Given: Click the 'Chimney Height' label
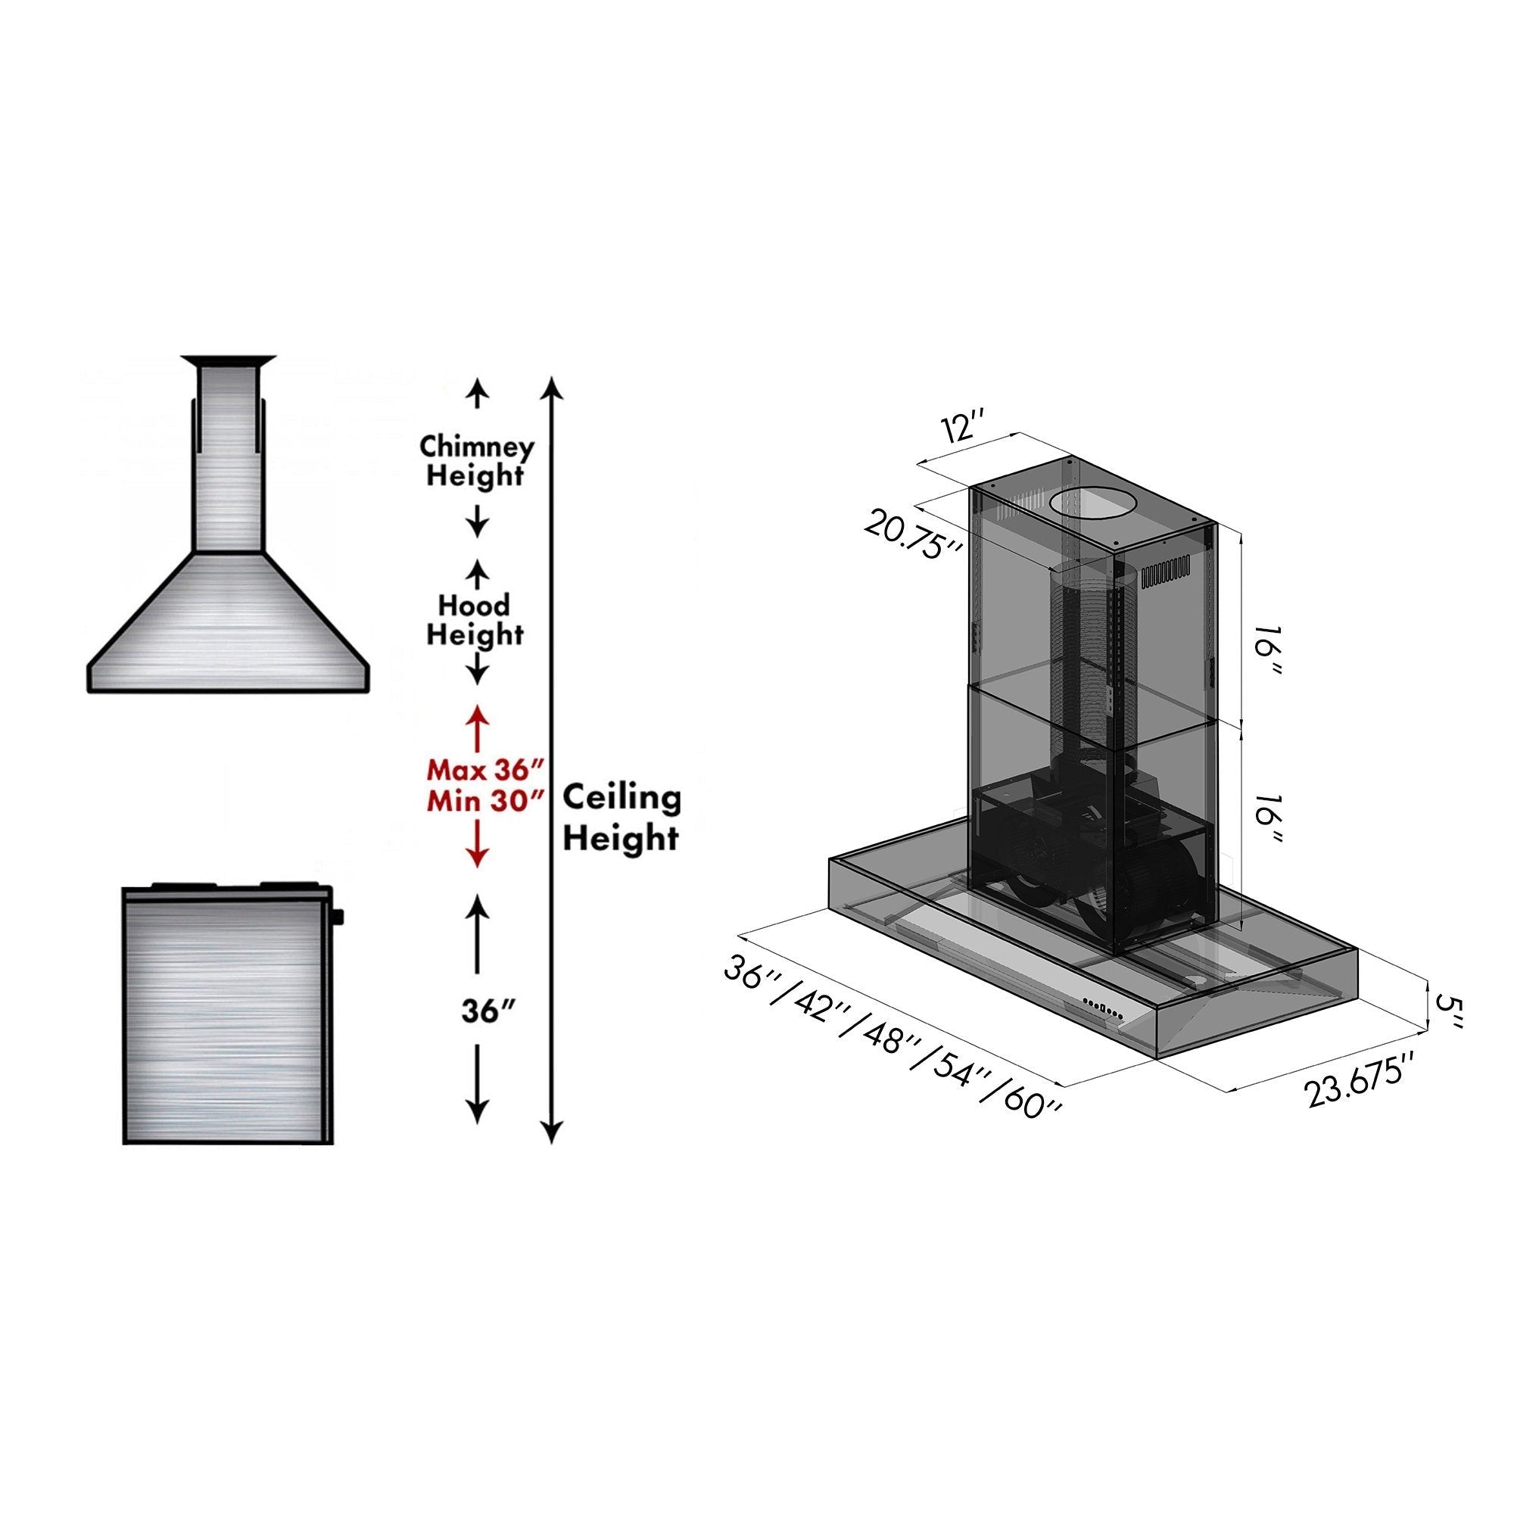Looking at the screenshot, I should (475, 461).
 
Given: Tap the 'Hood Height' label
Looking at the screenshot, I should (474, 619).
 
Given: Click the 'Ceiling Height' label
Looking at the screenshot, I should (621, 818).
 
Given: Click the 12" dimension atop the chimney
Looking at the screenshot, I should (963, 430).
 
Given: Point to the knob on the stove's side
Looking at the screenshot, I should (339, 915).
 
